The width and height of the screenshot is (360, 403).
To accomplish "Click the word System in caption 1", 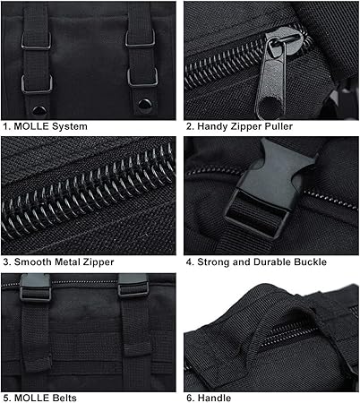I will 69,126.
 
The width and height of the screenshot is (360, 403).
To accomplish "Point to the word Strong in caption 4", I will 215,262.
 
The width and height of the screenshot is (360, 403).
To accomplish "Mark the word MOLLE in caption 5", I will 30,397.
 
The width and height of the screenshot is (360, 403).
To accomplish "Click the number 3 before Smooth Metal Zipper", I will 4,262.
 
